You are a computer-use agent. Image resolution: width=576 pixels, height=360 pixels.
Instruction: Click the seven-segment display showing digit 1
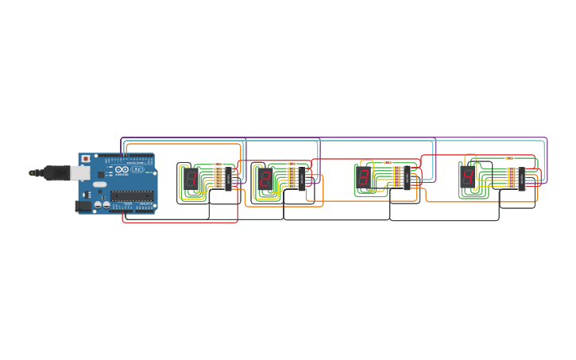[191, 179]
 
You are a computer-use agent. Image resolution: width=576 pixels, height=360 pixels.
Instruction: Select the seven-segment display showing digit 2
[265, 178]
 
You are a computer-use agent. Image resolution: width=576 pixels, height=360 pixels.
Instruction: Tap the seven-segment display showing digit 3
[364, 177]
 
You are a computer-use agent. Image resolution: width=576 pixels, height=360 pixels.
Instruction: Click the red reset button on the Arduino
[86, 159]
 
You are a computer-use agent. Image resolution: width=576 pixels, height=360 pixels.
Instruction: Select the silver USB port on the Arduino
[79, 172]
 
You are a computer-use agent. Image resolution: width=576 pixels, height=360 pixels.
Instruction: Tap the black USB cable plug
[56, 172]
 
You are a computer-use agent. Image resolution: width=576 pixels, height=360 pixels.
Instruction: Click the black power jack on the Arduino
[82, 206]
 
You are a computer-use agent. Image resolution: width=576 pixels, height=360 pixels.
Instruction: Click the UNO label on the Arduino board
[137, 170]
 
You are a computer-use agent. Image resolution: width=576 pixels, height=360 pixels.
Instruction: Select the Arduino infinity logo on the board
[122, 170]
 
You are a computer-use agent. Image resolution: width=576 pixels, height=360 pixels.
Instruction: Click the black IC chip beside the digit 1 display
[228, 179]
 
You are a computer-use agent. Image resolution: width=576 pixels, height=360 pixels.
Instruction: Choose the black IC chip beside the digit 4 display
[522, 178]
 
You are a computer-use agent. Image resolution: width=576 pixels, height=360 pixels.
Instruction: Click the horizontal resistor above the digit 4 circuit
[508, 158]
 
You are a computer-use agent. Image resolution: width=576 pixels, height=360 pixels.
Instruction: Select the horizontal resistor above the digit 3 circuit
[388, 162]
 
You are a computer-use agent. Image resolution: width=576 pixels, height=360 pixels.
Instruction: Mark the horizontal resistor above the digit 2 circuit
[292, 163]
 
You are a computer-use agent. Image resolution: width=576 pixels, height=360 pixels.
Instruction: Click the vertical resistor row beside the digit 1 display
[218, 177]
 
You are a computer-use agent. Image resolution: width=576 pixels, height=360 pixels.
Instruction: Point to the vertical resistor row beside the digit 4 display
[512, 177]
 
